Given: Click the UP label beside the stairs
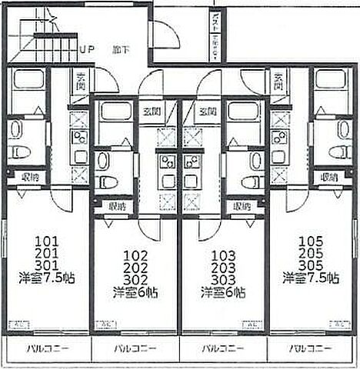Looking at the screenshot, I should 86,48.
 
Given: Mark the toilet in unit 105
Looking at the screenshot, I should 338,151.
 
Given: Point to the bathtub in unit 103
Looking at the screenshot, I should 243,112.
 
